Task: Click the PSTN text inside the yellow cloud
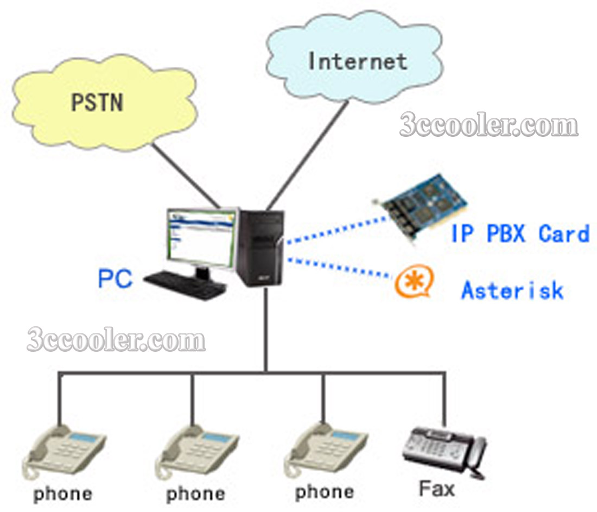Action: [x=97, y=102]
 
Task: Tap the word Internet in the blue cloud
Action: [x=357, y=61]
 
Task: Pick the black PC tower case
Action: [x=261, y=247]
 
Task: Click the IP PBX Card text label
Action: [x=519, y=234]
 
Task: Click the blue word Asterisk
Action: [x=512, y=290]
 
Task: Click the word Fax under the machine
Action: [x=436, y=489]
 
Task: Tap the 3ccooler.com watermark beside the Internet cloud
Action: [x=488, y=126]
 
